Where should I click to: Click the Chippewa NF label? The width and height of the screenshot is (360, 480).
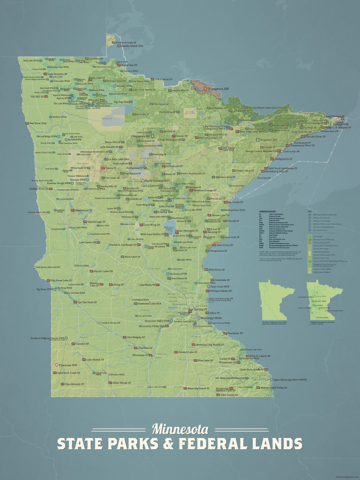(141, 136)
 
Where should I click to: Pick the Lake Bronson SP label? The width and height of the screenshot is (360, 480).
(58, 74)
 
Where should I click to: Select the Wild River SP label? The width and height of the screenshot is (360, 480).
(217, 270)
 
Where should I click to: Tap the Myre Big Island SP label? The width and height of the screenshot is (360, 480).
(198, 388)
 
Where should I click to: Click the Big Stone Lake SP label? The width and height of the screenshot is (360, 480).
(62, 280)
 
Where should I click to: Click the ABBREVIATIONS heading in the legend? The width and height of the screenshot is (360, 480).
(268, 211)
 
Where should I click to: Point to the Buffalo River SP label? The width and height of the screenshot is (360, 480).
(39, 188)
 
